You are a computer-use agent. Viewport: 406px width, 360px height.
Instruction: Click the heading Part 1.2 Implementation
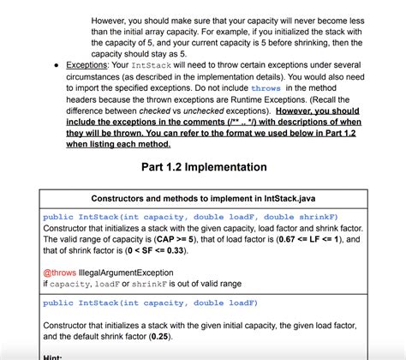[204, 166]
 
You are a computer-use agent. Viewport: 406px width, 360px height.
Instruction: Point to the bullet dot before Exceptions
[56, 64]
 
